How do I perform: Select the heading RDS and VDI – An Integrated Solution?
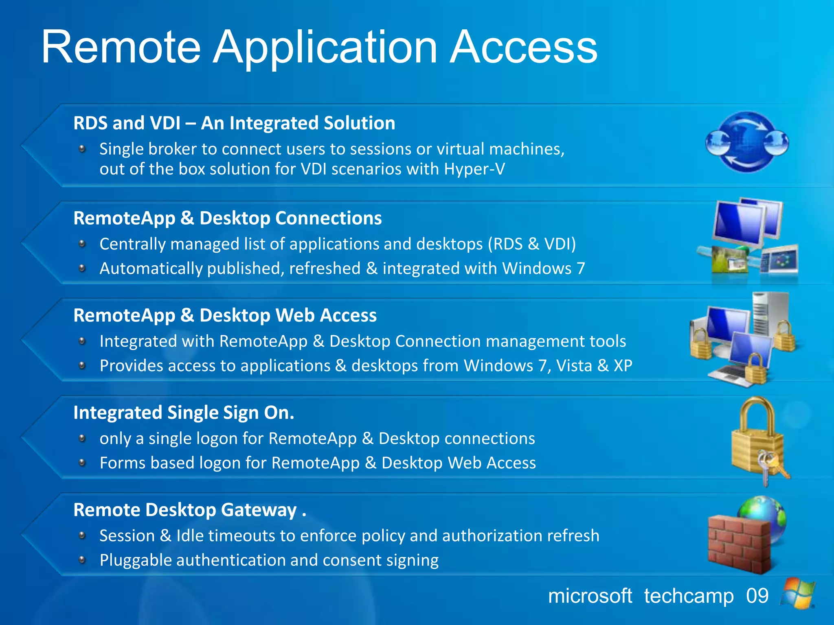tap(234, 123)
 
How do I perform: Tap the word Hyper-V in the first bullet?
tap(474, 169)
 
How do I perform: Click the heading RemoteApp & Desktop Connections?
tap(227, 218)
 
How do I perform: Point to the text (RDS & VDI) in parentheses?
tap(532, 244)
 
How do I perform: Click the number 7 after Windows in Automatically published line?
tap(581, 268)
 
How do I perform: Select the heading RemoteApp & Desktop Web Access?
tap(225, 315)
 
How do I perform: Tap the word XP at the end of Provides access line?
tap(623, 365)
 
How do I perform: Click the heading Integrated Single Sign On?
tap(183, 413)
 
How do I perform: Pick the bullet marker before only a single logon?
tap(82, 438)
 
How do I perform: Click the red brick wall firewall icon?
tap(738, 543)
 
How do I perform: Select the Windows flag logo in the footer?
tap(798, 593)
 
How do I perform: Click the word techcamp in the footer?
tap(689, 596)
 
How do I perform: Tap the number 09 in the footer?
tap(757, 596)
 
